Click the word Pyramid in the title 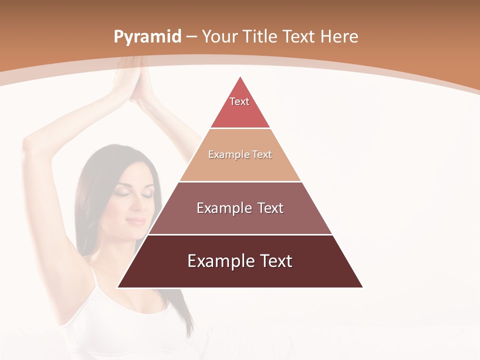(x=147, y=37)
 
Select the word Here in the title (x=339, y=36)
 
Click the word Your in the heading (x=220, y=36)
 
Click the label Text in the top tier (x=239, y=101)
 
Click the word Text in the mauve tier (x=267, y=208)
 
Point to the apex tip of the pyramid (x=240, y=76)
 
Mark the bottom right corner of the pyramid (x=362, y=287)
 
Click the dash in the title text (x=191, y=37)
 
